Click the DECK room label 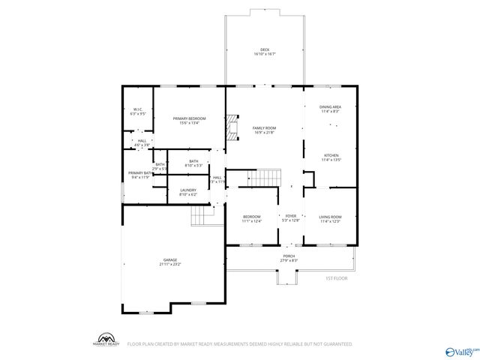coord(265,52)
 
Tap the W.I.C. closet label coord(138,112)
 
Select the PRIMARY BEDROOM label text coord(189,121)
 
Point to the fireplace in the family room coord(233,127)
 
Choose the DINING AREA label coord(331,109)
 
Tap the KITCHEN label coord(331,157)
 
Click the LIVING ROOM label coord(331,218)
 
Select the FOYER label coord(290,218)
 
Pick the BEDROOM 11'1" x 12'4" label coord(251,218)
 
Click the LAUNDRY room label coord(187,192)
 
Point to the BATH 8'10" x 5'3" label coord(193,163)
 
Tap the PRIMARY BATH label coord(139,175)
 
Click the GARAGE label coord(170,262)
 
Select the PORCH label coord(289,258)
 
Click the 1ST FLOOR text coord(336,278)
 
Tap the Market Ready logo coord(107,339)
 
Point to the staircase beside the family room coord(263,178)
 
